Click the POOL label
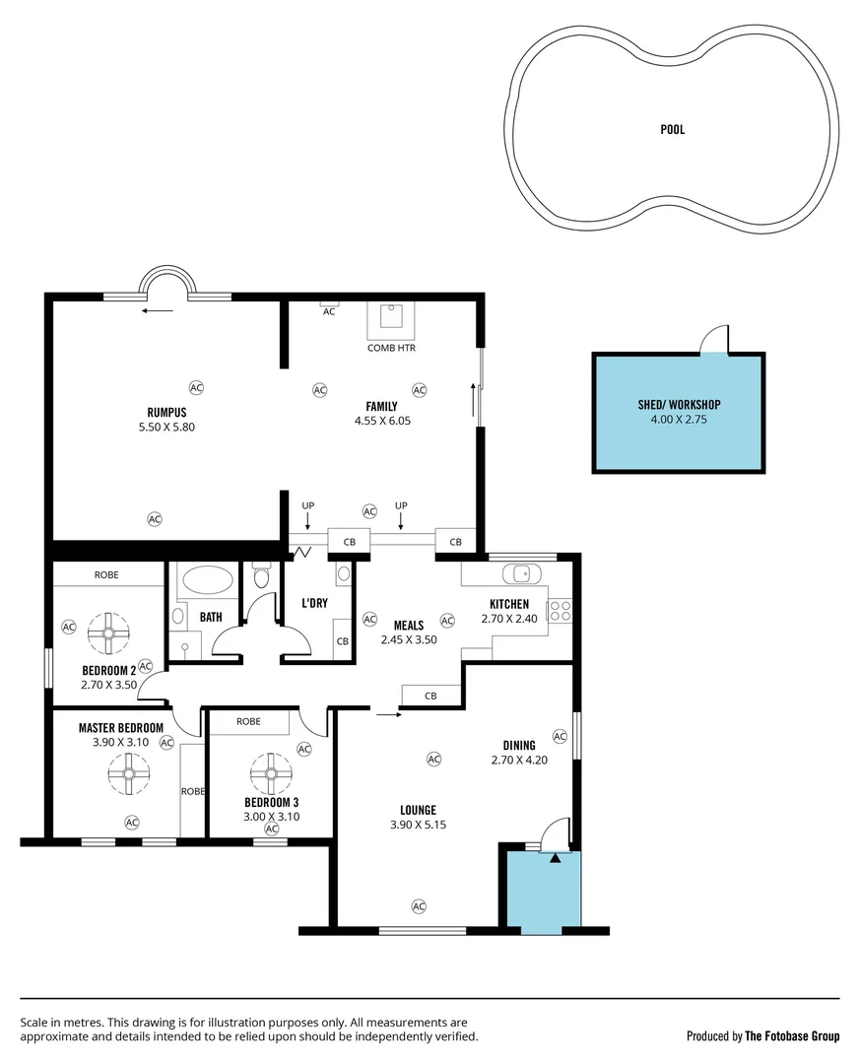(672, 129)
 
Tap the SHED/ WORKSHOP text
(679, 405)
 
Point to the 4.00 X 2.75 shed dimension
(679, 419)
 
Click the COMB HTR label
(391, 348)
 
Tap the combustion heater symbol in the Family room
(391, 318)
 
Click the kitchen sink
(518, 573)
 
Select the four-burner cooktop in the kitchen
(561, 610)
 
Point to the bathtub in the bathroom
(206, 580)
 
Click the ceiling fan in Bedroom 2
(108, 633)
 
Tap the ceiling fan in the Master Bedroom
(128, 773)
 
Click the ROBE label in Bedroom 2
(107, 574)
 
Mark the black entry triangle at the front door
(555, 857)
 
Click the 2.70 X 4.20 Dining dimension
(519, 760)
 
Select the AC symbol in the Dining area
(561, 736)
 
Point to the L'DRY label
(314, 603)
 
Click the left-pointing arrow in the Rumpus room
(157, 310)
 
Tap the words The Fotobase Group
(792, 1035)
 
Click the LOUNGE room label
(418, 811)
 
